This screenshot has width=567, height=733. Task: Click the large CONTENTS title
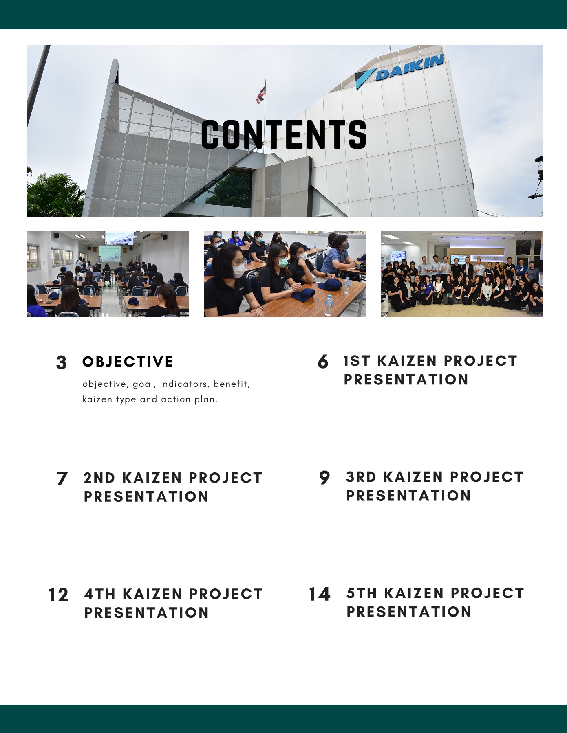pos(284,134)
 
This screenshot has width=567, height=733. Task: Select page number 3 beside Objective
pos(61,362)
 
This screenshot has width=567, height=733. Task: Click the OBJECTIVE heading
pos(128,362)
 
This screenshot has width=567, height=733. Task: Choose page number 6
pos(323,362)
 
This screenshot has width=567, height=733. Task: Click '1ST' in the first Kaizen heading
pos(357,361)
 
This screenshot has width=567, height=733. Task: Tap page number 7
pos(62,478)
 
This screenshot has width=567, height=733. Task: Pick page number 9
pos(324,478)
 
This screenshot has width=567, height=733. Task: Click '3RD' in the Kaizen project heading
pos(361,477)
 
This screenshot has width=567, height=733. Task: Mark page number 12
pos(58,595)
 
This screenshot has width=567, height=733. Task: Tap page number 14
pos(319,594)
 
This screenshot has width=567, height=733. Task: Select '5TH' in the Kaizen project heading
pos(362,593)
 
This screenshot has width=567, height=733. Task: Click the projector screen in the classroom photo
pos(119,238)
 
